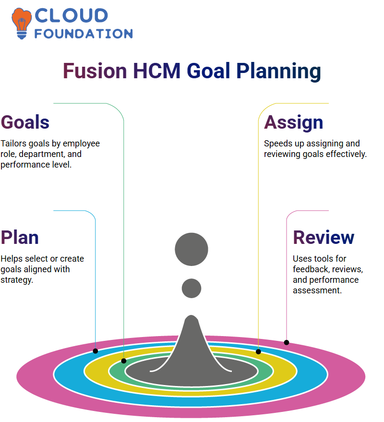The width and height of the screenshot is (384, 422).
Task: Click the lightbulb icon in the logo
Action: click(x=21, y=24)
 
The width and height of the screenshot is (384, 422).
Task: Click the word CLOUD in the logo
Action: click(x=72, y=15)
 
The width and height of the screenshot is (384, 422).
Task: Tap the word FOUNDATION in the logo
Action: click(x=84, y=34)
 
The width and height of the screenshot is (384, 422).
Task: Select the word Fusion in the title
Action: click(x=95, y=71)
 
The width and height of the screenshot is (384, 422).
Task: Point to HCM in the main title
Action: click(x=156, y=71)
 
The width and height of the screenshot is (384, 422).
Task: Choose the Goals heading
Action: click(x=25, y=122)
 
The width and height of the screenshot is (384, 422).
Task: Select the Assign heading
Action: click(x=293, y=123)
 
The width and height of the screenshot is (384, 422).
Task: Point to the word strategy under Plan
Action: click(x=17, y=280)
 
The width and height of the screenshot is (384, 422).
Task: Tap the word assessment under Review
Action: click(x=317, y=290)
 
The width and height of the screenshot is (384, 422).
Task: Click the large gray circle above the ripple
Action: click(x=192, y=249)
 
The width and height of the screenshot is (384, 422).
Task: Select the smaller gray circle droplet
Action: click(x=192, y=288)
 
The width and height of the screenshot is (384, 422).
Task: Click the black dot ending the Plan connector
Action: click(x=95, y=351)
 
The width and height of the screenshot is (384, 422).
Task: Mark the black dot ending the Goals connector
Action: click(x=123, y=361)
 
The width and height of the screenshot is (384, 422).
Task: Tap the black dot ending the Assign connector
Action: click(x=258, y=351)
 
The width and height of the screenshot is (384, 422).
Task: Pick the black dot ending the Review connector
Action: click(x=286, y=342)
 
